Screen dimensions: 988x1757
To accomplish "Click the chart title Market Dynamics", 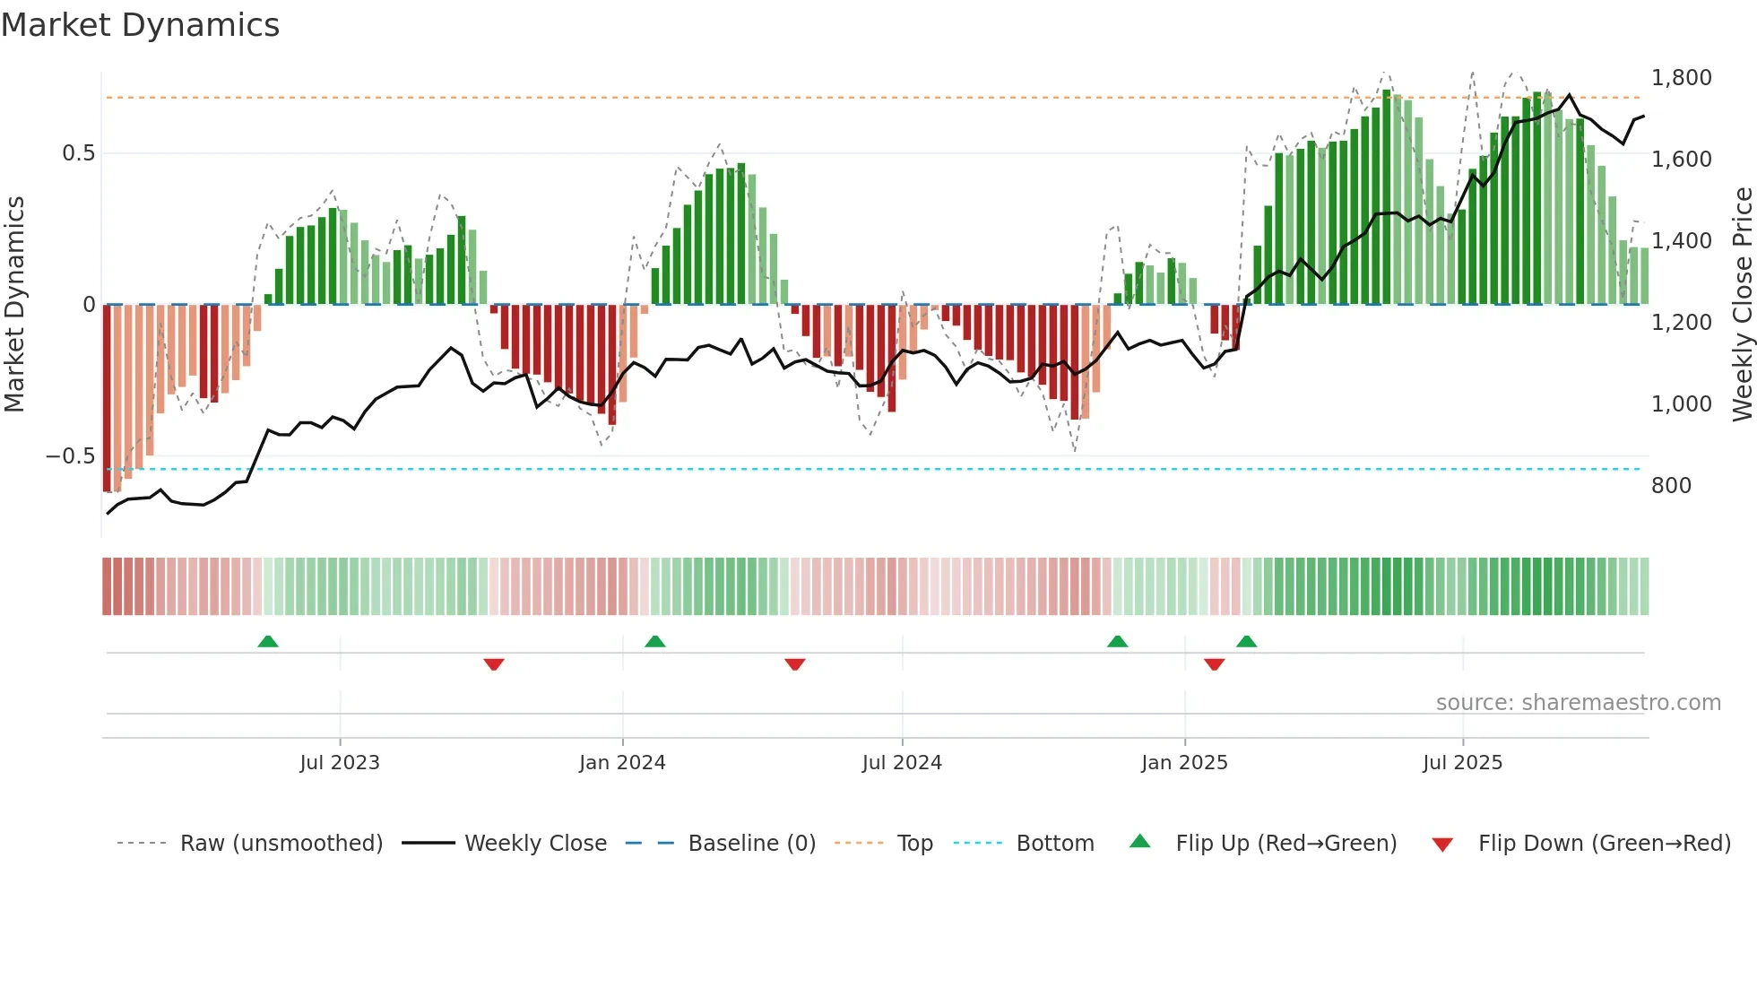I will click(x=140, y=25).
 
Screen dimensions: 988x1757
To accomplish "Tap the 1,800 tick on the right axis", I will click(x=1681, y=78).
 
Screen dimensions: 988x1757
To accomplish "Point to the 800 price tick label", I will click(x=1671, y=486).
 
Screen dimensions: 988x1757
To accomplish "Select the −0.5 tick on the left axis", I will click(x=70, y=456).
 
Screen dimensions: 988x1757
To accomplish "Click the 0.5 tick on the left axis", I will click(x=78, y=153).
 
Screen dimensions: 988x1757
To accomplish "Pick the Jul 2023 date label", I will click(x=340, y=763).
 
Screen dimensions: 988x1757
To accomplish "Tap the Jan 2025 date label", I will click(x=1184, y=763).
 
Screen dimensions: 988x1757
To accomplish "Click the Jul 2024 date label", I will click(x=902, y=763).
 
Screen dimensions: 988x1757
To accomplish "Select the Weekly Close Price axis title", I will click(x=1742, y=305).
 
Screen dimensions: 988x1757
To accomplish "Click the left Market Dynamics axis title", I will click(x=14, y=305).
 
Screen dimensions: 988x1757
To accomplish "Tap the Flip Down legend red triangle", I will click(x=1442, y=845).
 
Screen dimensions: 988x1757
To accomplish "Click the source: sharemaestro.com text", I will click(x=1578, y=703).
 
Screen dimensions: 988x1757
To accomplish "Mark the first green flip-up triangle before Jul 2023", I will click(x=268, y=641).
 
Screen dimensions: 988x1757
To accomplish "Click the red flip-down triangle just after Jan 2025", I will click(x=1215, y=664).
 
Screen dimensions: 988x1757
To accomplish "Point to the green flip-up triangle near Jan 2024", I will click(x=655, y=641).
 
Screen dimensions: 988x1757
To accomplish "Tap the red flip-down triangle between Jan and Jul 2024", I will click(x=795, y=664).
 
